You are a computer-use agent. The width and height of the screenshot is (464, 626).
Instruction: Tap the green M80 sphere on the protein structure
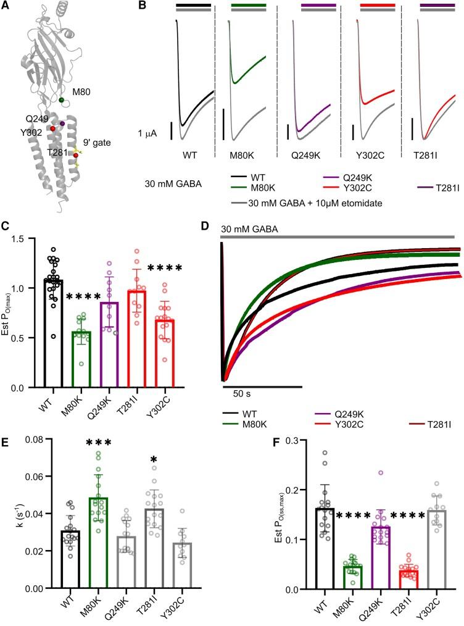pos(61,99)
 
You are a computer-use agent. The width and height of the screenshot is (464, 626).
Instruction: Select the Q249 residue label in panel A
pos(36,117)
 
